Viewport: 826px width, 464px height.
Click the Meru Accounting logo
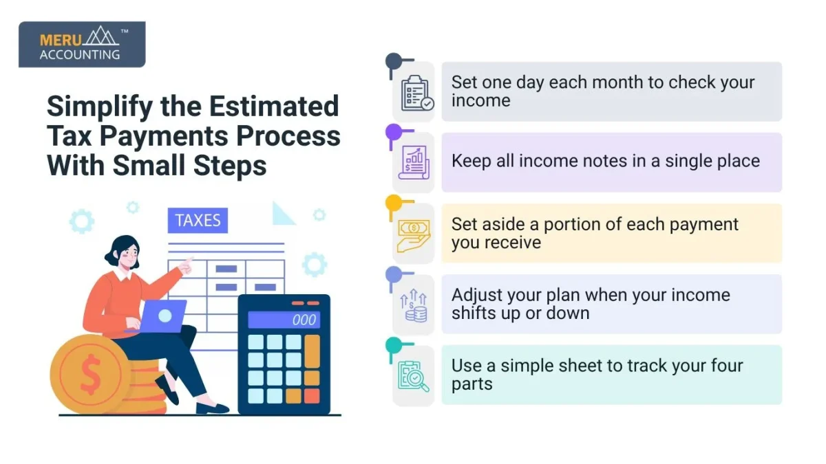coord(81,45)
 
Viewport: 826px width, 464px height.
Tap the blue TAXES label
coord(198,221)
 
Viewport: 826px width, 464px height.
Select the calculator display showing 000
coord(283,320)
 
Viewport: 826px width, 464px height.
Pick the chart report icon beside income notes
coord(414,164)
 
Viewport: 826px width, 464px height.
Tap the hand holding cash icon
coord(414,234)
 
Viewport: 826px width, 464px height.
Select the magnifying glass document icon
coord(414,376)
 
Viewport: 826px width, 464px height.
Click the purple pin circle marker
coord(393,131)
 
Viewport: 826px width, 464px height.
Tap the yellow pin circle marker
coord(393,202)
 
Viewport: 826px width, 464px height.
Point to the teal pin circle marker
coord(393,344)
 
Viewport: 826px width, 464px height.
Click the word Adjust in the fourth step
coord(476,295)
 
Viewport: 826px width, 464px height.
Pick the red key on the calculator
coord(312,396)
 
